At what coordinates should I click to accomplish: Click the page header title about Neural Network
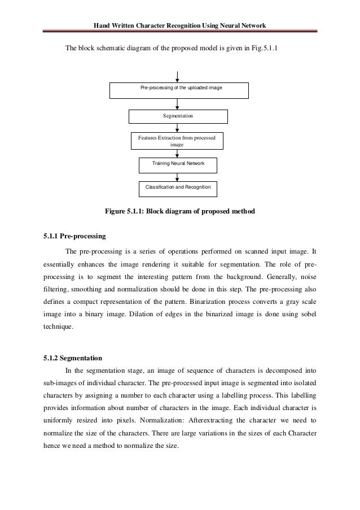pos(179,25)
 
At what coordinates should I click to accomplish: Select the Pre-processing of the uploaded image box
pos(178,90)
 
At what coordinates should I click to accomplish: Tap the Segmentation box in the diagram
pos(178,116)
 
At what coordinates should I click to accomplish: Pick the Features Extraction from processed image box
pos(177,141)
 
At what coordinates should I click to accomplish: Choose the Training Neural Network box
pos(178,164)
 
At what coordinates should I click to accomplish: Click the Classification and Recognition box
pos(178,187)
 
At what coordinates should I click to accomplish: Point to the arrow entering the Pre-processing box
pos(178,76)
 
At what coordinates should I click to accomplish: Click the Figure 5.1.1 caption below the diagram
pos(180,212)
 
